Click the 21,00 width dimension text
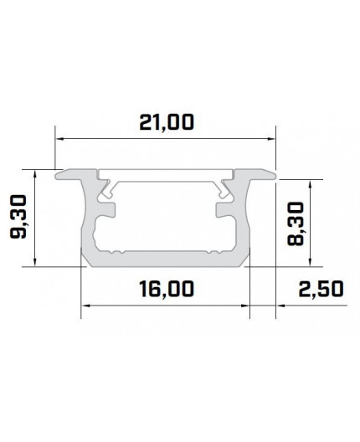(x=165, y=123)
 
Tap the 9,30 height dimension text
(x=18, y=218)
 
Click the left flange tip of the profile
(x=59, y=174)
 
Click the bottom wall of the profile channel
(x=165, y=255)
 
